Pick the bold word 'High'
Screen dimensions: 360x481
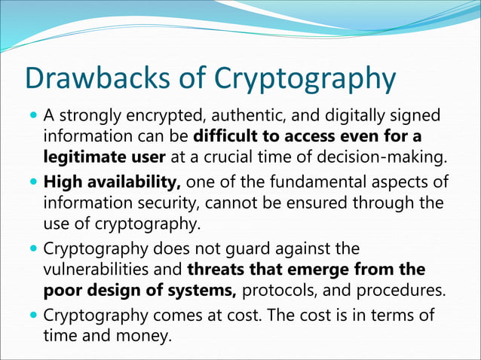63,182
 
